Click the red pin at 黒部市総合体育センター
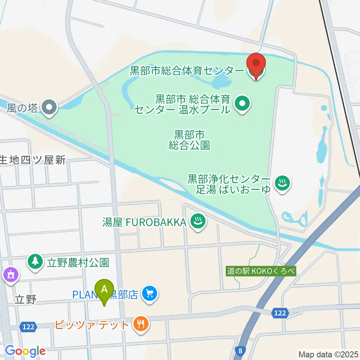(256, 66)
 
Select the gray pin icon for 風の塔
(49, 108)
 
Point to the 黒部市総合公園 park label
(189, 140)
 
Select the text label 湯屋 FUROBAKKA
(144, 222)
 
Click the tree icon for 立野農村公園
(35, 262)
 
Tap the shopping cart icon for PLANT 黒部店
(150, 293)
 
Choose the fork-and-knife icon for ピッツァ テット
(141, 324)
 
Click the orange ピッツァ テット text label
(92, 324)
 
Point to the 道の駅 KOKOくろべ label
(261, 271)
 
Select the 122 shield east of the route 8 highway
(280, 313)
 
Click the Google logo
(25, 351)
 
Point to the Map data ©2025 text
(328, 354)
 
